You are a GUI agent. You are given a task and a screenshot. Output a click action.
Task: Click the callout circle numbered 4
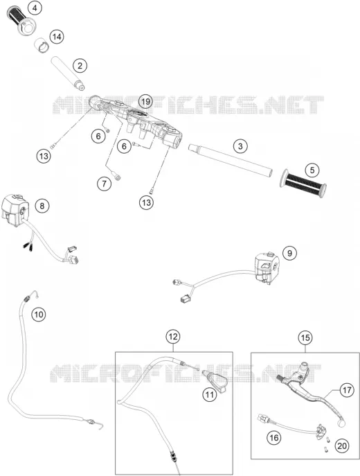[x=35, y=8]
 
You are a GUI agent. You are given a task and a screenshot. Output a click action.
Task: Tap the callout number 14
[x=57, y=37]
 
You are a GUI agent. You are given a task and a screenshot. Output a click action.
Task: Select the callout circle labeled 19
[x=145, y=101]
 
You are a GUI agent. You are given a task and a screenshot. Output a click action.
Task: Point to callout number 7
[x=105, y=184]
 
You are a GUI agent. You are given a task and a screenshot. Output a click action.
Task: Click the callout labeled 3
[x=240, y=146]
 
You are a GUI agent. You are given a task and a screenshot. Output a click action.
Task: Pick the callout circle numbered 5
[x=312, y=170]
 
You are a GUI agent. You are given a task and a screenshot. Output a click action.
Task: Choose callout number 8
[x=42, y=206]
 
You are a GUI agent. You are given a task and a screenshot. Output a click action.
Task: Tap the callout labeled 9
[x=289, y=253]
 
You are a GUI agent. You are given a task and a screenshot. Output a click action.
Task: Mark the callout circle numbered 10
[x=39, y=315]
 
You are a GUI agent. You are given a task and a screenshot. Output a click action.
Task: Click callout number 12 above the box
[x=173, y=336]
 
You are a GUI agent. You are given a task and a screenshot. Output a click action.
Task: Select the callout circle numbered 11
[x=210, y=394]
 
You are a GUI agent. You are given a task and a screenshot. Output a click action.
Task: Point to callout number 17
[x=347, y=390]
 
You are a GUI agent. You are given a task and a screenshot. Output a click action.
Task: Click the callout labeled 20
[x=342, y=446]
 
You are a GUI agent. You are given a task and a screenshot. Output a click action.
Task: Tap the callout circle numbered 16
[x=274, y=438]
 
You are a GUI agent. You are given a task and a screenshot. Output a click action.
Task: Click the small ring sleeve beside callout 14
[x=42, y=45]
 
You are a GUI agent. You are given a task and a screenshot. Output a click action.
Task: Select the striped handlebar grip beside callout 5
[x=303, y=184]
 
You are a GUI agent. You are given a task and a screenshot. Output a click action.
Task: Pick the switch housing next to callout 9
[x=267, y=267]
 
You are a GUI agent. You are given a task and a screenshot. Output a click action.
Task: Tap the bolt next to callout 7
[x=117, y=177]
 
